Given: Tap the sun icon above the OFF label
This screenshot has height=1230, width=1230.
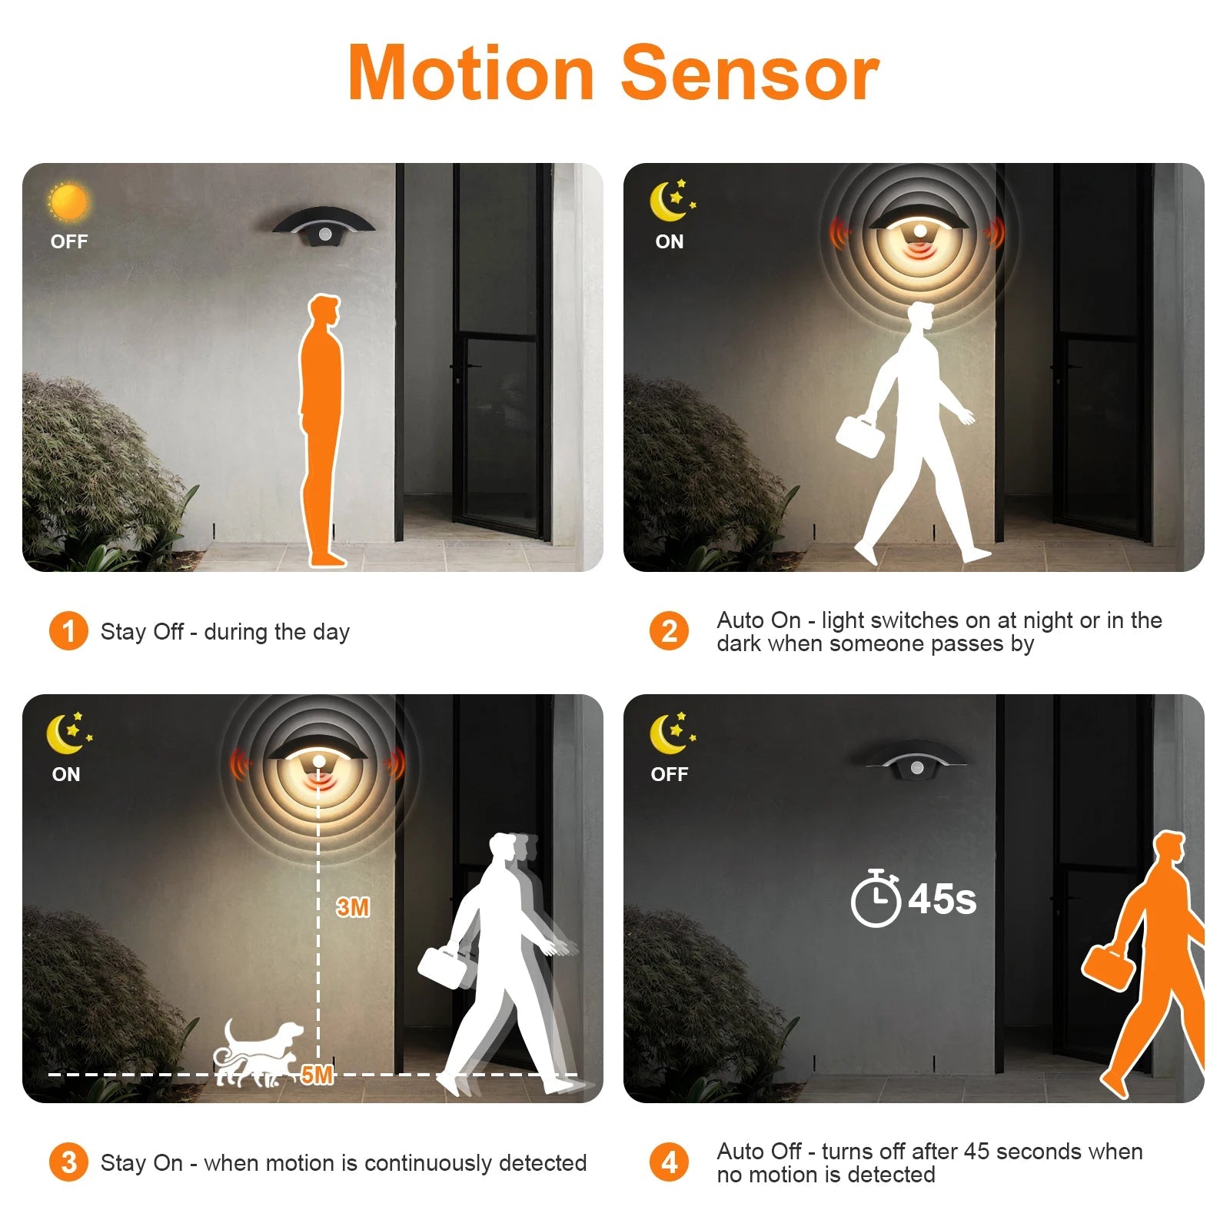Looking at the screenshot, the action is pyautogui.click(x=68, y=202).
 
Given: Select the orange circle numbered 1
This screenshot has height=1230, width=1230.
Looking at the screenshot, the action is pyautogui.click(x=68, y=631).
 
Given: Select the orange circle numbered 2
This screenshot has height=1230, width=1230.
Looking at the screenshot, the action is pyautogui.click(x=670, y=631).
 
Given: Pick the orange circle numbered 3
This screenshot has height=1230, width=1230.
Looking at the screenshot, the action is pyautogui.click(x=68, y=1162).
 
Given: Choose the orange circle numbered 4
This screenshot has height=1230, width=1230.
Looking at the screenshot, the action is pyautogui.click(x=670, y=1162).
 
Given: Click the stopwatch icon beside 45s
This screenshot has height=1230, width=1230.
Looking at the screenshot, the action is pyautogui.click(x=876, y=898).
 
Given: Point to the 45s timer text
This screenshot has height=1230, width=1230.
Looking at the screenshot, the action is pyautogui.click(x=942, y=899).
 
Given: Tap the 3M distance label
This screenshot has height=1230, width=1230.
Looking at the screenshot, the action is pyautogui.click(x=353, y=907).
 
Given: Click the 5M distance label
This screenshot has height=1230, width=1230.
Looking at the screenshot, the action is pyautogui.click(x=317, y=1074).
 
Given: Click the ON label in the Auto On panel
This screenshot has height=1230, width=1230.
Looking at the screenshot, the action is pyautogui.click(x=670, y=241).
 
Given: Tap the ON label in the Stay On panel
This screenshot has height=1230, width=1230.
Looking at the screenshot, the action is pyautogui.click(x=66, y=774).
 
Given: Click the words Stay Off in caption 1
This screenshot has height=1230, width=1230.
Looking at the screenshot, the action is pyautogui.click(x=141, y=632).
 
